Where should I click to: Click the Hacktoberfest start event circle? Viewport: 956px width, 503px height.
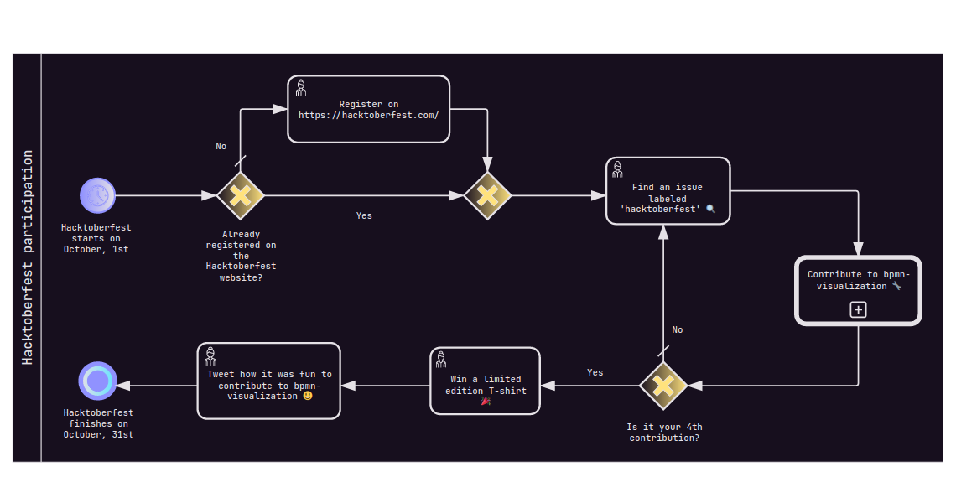(98, 195)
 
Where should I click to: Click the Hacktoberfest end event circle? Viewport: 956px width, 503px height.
(98, 381)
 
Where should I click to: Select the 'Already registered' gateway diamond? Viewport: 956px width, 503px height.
(241, 195)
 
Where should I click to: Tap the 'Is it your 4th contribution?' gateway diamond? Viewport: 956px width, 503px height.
(663, 386)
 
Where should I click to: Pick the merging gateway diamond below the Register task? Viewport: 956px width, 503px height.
(487, 195)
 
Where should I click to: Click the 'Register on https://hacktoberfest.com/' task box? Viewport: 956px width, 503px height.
(369, 109)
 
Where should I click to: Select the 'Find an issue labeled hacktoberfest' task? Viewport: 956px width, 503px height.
(668, 191)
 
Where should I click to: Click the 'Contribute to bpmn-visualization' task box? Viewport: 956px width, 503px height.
(858, 290)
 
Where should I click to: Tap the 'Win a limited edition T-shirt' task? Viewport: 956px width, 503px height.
(485, 381)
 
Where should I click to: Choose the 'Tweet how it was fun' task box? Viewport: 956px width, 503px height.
(269, 381)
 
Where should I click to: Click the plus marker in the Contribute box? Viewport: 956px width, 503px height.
(858, 309)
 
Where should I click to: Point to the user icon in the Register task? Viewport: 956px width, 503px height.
(300, 87)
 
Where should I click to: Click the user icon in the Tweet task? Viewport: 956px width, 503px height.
(210, 355)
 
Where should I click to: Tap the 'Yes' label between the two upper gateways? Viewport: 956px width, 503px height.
(364, 215)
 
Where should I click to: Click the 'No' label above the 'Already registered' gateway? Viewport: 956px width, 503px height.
(221, 146)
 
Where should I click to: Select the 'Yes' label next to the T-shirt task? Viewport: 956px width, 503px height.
(595, 372)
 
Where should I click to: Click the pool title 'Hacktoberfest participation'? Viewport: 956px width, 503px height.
(28, 257)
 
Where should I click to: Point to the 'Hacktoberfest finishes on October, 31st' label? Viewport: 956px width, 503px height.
(98, 423)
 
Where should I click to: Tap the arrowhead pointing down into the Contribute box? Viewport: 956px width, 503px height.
(858, 249)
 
